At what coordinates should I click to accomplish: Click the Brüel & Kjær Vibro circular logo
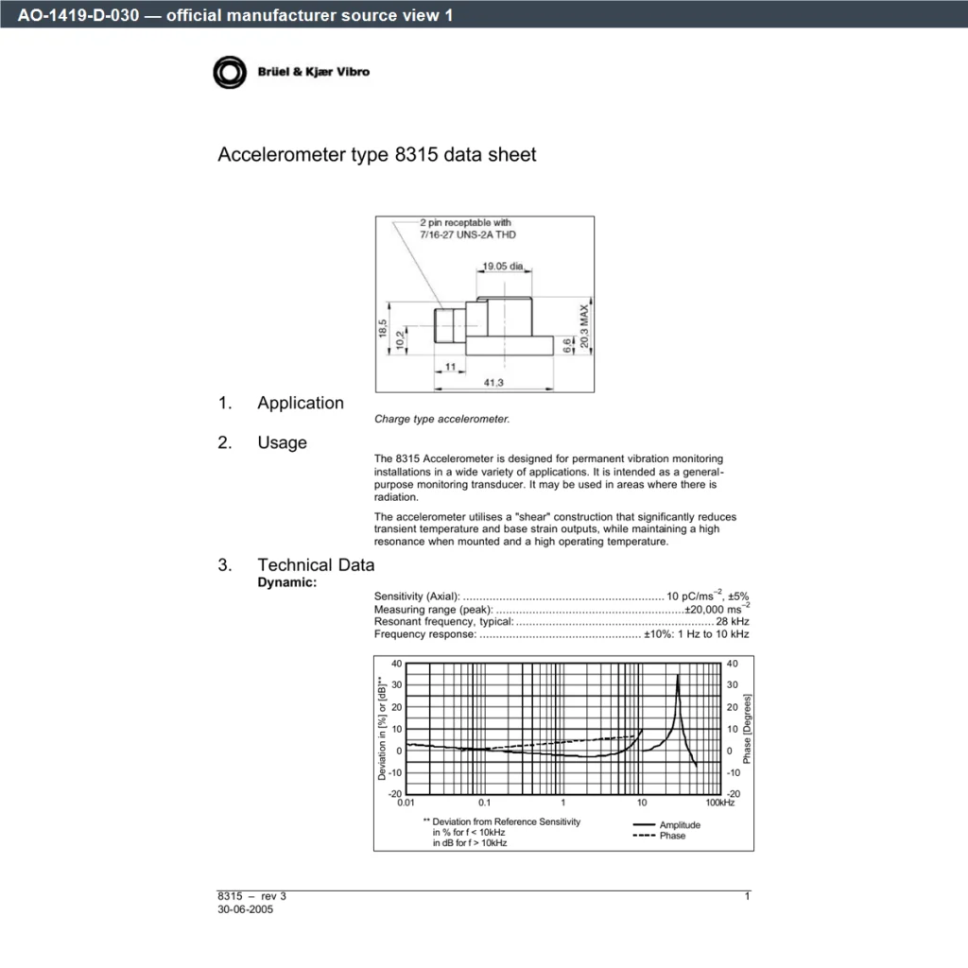pos(230,72)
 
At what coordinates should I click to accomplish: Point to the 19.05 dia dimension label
pos(503,266)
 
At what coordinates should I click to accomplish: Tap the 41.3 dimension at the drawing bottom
pos(493,383)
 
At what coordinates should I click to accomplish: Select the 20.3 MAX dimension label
pos(584,326)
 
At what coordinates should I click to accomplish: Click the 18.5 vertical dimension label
pos(383,328)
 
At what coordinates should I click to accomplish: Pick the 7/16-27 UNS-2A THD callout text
pos(468,234)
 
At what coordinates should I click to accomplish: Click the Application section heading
pos(301,403)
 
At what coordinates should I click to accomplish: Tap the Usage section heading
pos(282,442)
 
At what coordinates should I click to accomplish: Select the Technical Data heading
pos(316,565)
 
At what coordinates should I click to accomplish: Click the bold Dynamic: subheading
pos(287,582)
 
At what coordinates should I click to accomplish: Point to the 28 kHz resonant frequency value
pos(733,622)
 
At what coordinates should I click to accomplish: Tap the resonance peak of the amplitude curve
pos(678,675)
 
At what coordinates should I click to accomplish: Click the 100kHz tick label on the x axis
pos(720,803)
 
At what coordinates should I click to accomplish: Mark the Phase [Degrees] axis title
pos(747,729)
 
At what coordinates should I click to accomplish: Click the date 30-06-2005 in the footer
pos(245,909)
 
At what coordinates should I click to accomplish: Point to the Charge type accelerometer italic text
pos(442,419)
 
